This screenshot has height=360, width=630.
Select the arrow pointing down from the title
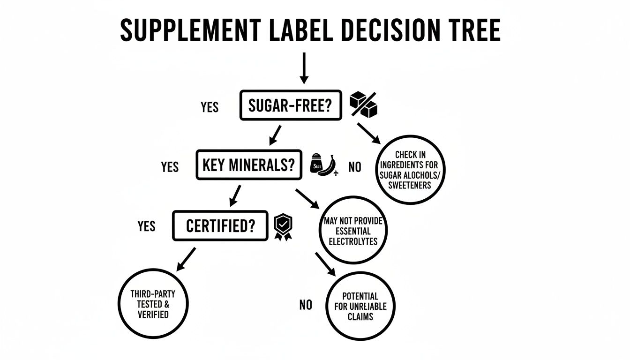click(x=304, y=68)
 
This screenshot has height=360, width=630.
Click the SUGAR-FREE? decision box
click(x=290, y=105)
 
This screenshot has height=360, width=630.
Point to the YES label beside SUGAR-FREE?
click(x=210, y=107)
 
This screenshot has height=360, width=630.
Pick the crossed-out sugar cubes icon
click(x=364, y=105)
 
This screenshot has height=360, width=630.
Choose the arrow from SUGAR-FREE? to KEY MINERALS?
click(x=276, y=135)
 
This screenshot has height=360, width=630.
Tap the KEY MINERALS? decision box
click(x=248, y=165)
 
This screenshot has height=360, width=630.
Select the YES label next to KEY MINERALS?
click(x=170, y=167)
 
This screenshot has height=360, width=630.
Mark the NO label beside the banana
click(x=355, y=167)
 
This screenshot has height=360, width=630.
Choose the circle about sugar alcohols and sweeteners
click(x=410, y=170)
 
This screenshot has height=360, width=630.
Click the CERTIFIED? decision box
click(x=220, y=226)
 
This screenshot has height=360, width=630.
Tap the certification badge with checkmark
click(x=282, y=227)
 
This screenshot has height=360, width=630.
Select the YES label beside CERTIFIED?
click(x=146, y=226)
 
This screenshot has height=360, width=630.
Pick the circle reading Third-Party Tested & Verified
click(x=153, y=304)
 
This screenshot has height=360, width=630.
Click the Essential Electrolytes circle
click(x=353, y=231)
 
